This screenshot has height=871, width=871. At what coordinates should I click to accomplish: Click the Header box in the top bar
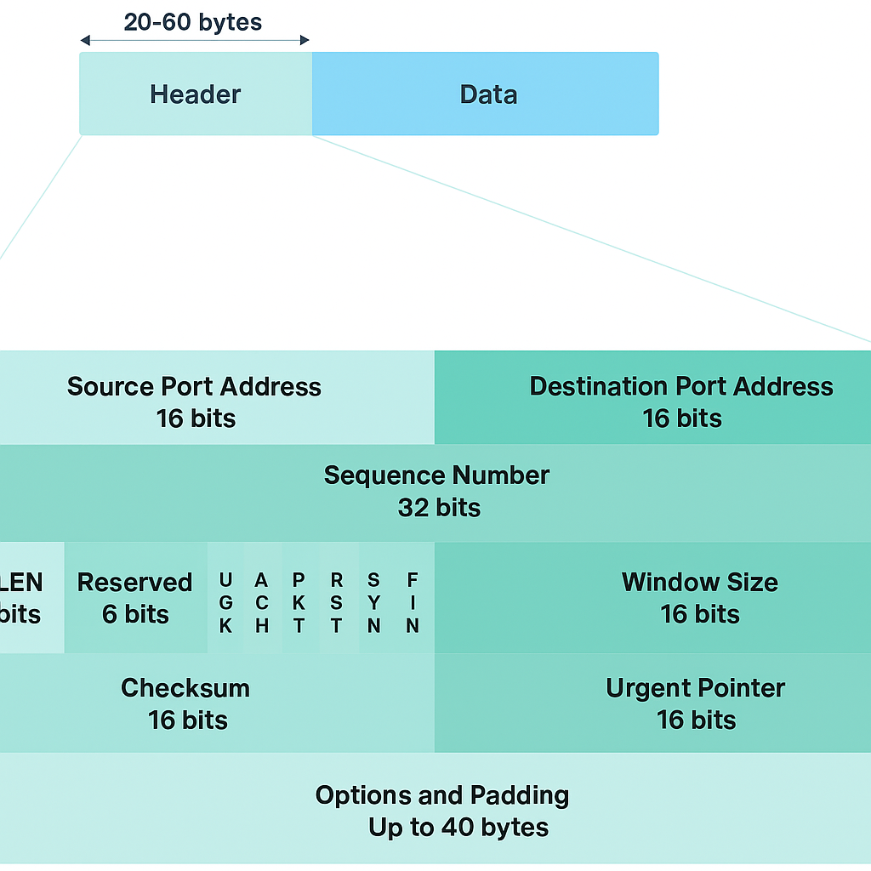(x=196, y=94)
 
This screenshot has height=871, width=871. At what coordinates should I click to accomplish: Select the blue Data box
(x=488, y=94)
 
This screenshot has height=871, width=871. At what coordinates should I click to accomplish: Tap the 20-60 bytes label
(x=193, y=21)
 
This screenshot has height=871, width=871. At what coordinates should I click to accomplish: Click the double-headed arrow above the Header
(x=194, y=40)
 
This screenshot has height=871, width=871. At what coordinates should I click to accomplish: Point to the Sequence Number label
(x=436, y=475)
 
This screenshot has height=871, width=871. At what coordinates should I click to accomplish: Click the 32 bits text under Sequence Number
(x=439, y=508)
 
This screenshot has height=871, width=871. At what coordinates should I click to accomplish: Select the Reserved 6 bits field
(x=135, y=598)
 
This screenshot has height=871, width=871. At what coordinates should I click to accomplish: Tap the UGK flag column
(x=225, y=602)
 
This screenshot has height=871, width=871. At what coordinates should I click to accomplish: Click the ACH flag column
(x=262, y=602)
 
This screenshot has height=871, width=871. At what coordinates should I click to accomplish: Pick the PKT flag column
(x=299, y=602)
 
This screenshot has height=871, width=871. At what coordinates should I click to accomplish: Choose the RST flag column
(x=337, y=602)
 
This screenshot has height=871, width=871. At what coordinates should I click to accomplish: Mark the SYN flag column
(x=374, y=602)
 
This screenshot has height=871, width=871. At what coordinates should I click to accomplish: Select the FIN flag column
(x=413, y=602)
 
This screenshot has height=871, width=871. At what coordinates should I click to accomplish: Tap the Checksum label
(x=185, y=687)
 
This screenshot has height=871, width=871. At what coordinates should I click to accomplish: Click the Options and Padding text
(x=441, y=795)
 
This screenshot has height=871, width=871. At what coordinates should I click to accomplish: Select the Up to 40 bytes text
(x=458, y=828)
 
